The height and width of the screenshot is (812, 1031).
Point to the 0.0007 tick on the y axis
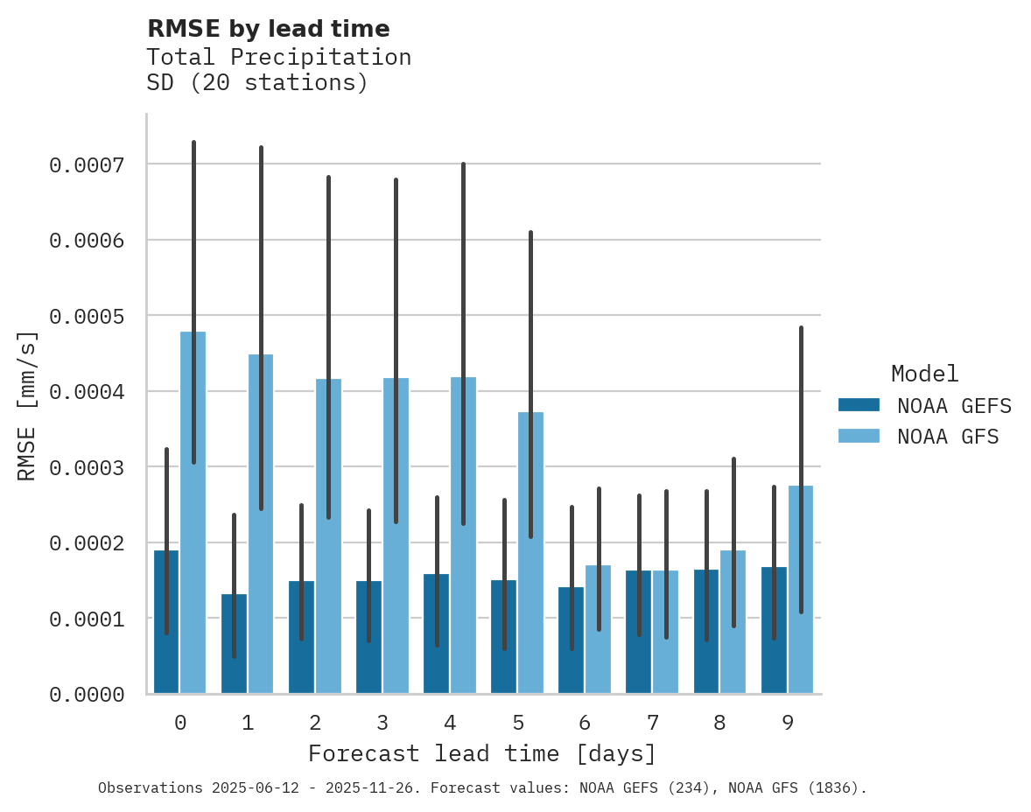pos(86,164)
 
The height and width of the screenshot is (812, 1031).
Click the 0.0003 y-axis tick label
pos(86,467)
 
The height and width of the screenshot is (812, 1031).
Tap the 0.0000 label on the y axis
pos(86,695)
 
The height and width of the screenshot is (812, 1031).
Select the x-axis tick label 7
pos(653,724)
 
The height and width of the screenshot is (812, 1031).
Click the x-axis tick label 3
pos(382,724)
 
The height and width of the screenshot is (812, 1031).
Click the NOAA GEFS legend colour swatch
pos(859,405)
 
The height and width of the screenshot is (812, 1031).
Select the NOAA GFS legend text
pos(948,436)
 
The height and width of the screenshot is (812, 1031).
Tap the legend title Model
pos(924,374)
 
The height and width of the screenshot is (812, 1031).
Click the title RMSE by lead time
pos(268,29)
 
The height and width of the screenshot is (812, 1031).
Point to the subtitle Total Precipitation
pos(278,57)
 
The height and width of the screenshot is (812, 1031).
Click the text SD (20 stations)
pos(256,83)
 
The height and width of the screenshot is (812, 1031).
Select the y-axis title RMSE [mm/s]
pos(27,405)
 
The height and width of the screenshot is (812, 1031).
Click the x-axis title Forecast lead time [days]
pos(481,753)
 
